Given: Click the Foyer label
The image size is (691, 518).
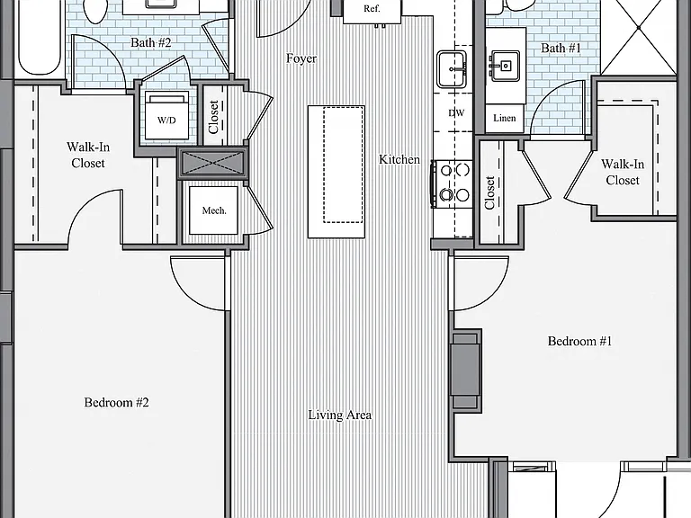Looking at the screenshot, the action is [301, 58].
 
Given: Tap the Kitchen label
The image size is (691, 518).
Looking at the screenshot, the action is [399, 159].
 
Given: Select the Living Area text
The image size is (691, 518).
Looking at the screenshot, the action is [340, 415].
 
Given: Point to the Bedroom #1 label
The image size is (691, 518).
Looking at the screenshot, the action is [580, 341].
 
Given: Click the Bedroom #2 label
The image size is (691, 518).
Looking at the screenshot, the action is [116, 402].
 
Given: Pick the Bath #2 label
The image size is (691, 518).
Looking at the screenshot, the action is [151, 43].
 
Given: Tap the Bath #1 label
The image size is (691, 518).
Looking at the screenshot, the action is [561, 48].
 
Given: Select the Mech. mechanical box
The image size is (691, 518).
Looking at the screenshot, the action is [214, 210].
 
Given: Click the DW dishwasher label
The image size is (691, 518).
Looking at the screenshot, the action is [456, 113].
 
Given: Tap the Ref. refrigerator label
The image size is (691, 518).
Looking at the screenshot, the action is [372, 9].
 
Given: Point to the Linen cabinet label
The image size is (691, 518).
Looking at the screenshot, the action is [505, 118].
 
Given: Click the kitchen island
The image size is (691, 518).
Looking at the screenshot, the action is [337, 172].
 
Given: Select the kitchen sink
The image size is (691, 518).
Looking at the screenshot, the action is [452, 69].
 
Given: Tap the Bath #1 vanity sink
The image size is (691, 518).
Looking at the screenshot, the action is [505, 66].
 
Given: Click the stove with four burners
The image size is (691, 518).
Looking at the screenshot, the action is [453, 183].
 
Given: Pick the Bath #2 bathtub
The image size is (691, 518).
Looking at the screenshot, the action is [39, 38].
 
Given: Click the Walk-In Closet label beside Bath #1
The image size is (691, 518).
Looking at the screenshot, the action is [623, 173].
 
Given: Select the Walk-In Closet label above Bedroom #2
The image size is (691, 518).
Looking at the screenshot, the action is [88, 155].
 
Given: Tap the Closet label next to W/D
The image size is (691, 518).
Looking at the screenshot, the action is [214, 117].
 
